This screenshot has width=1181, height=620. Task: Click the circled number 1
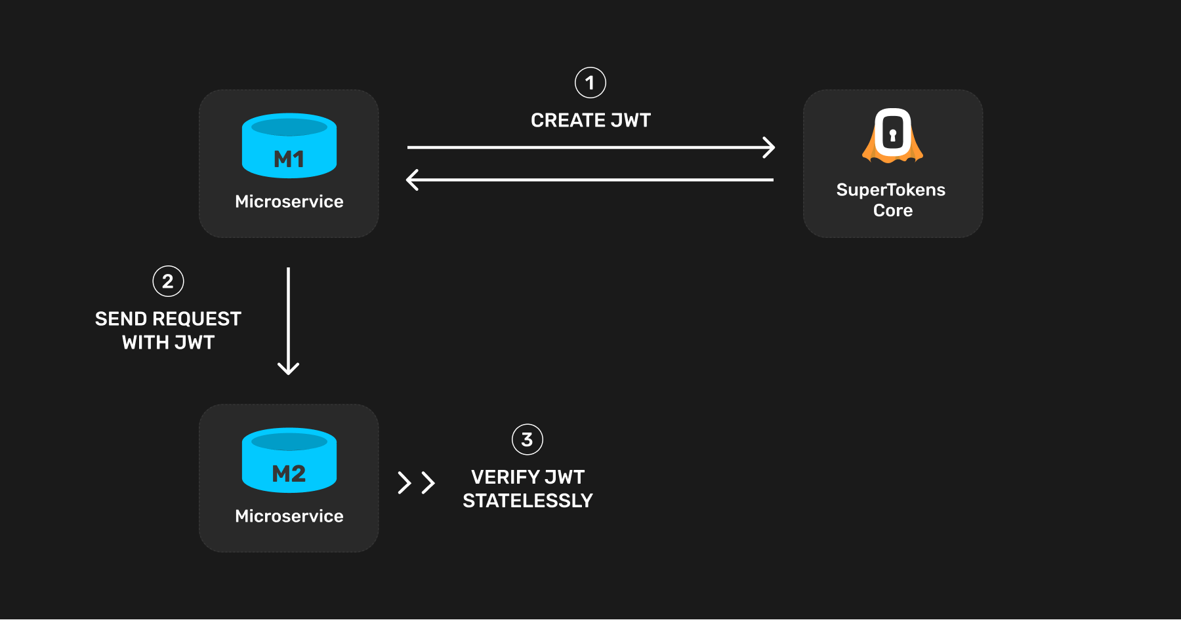click(x=590, y=83)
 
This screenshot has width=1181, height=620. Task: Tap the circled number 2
click(x=168, y=281)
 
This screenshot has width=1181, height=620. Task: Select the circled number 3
click(x=527, y=440)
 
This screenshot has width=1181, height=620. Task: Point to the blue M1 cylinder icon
click(x=289, y=145)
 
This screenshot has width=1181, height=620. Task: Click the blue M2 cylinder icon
click(x=289, y=460)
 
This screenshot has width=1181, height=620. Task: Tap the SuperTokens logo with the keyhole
click(x=892, y=135)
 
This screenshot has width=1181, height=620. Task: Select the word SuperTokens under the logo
click(x=890, y=190)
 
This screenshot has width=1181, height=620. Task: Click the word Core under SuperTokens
click(x=892, y=210)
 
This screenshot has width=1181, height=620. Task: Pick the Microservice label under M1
click(x=289, y=201)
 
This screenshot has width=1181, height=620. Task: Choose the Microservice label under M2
click(x=289, y=516)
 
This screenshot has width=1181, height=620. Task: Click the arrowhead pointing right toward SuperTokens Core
click(x=769, y=147)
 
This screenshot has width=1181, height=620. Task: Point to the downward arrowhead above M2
click(x=288, y=368)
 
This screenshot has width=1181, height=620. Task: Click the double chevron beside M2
click(x=416, y=483)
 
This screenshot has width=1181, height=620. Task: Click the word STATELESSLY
click(x=528, y=501)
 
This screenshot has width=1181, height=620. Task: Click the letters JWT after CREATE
click(x=631, y=121)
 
